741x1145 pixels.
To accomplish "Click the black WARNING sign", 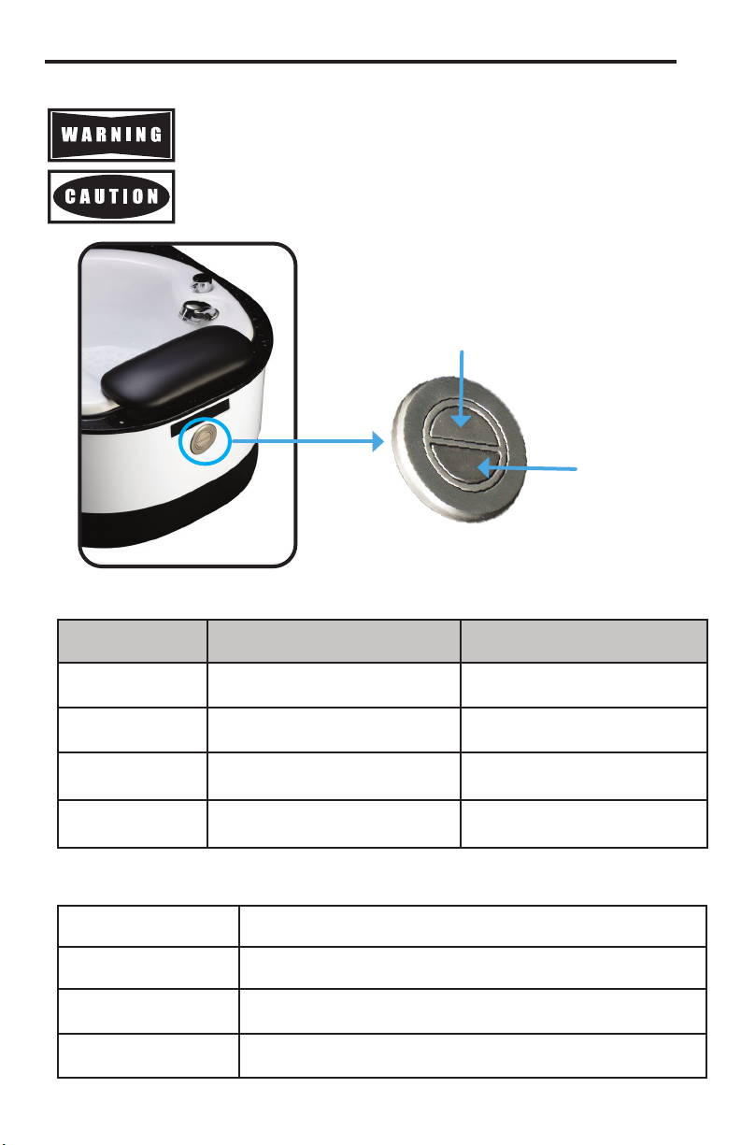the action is tap(111, 135).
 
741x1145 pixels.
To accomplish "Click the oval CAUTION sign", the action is tap(111, 197).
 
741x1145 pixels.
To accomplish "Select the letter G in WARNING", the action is tap(156, 135).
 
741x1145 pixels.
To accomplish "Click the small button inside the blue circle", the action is tap(204, 441).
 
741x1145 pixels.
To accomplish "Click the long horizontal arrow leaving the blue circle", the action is tap(307, 441).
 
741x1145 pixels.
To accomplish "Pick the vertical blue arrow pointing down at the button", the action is tap(462, 389).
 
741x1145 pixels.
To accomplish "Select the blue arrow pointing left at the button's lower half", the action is tap(527, 466).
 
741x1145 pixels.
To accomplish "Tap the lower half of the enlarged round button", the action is tap(463, 463).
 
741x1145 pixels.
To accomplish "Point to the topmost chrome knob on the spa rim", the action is tap(202, 281).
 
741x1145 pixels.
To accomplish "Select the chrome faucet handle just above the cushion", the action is tap(198, 311).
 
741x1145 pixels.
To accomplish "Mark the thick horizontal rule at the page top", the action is tap(361, 62).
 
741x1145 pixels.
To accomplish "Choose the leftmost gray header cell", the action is tap(133, 641).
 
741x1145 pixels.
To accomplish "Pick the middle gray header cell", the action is tap(334, 641).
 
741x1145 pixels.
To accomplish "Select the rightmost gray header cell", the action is tap(584, 641).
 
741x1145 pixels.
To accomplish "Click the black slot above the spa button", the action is tap(200, 417).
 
